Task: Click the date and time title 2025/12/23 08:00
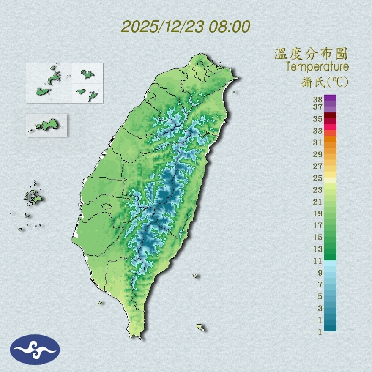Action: click(x=186, y=27)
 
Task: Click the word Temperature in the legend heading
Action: click(x=317, y=66)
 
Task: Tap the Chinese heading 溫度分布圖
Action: click(x=311, y=54)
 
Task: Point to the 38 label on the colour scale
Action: click(x=318, y=100)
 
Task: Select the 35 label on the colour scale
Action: click(x=318, y=119)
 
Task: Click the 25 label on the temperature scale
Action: click(x=318, y=178)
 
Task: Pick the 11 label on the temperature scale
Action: click(x=318, y=261)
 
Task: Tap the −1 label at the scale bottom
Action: click(x=317, y=332)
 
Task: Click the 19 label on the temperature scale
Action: click(x=318, y=213)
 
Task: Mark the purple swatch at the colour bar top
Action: click(x=330, y=98)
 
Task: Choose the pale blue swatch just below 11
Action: click(x=330, y=263)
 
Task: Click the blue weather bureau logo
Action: click(x=35, y=350)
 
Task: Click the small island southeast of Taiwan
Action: click(x=200, y=327)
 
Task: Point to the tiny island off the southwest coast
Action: click(x=101, y=302)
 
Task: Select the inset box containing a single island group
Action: click(x=46, y=125)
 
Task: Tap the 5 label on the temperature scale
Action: click(x=320, y=296)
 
